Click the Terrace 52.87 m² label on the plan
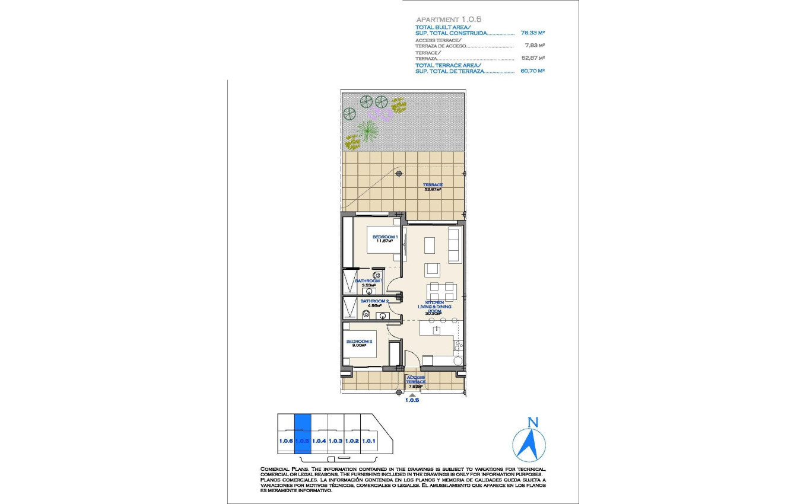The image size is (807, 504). click(433, 187)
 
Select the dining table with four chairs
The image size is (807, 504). click(442, 291)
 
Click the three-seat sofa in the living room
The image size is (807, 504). click(455, 245)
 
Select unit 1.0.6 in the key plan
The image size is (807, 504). click(286, 441)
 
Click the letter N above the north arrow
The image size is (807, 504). click(533, 423)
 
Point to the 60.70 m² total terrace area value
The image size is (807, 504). click(533, 71)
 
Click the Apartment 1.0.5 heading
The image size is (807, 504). click(448, 19)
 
